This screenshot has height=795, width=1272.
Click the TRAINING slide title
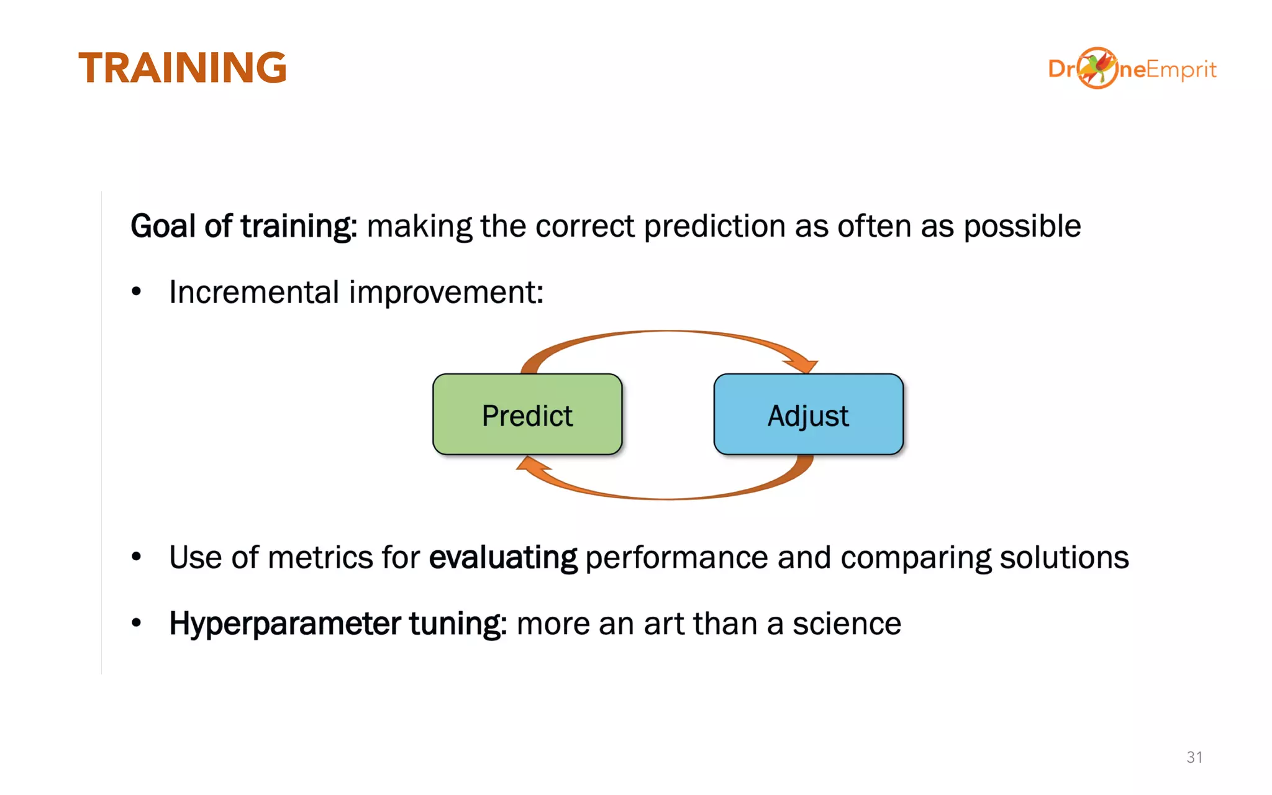coord(182,68)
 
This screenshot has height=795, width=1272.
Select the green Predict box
coord(527,415)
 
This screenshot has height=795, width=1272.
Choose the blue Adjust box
coord(808,415)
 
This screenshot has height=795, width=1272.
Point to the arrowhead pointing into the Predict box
coord(532,465)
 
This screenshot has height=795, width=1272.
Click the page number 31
coord(1194,757)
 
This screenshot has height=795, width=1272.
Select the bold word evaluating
coord(503,557)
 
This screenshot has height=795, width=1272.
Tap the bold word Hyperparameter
coord(284,624)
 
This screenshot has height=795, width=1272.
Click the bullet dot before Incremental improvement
coord(137,292)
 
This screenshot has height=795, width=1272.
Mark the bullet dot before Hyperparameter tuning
coord(137,623)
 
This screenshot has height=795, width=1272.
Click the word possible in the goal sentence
coord(1022,226)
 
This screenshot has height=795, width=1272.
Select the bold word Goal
coord(163,226)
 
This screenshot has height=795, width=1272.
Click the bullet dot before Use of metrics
coord(137,557)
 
